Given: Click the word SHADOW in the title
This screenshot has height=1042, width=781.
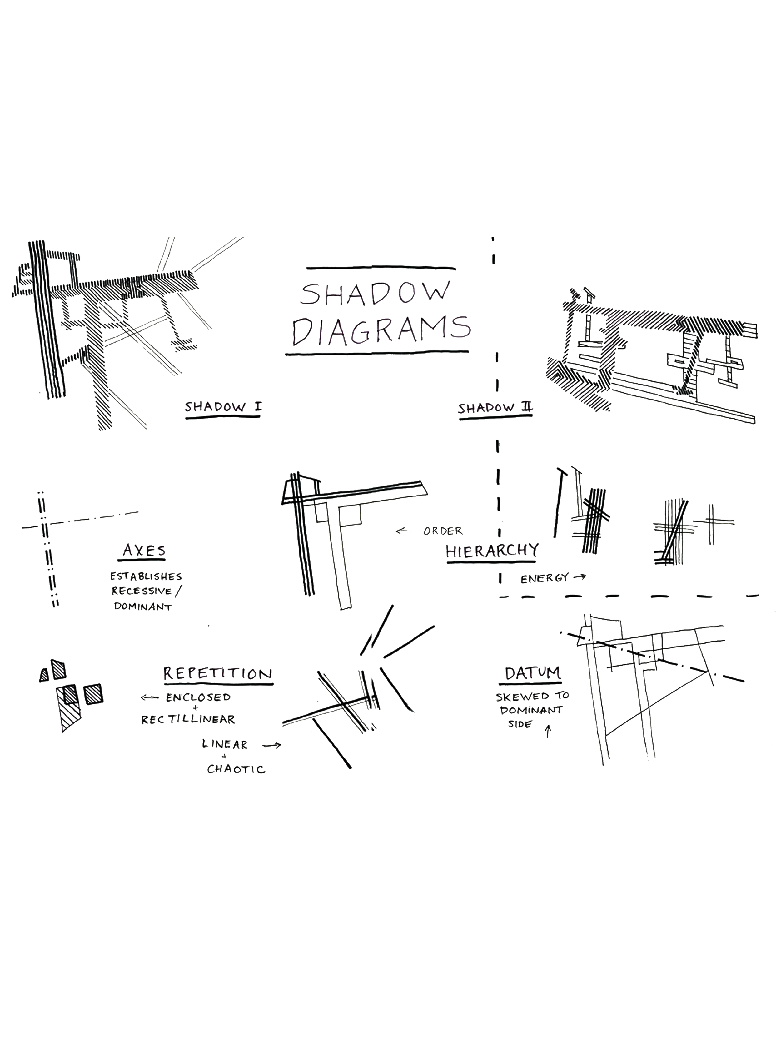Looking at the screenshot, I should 374,294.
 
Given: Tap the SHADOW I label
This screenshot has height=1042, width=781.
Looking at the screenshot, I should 223,407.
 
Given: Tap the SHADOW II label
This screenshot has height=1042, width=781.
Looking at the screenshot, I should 495,408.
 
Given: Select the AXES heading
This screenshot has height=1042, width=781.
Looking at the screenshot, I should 144,550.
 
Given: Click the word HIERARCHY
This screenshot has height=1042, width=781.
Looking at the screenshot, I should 491,551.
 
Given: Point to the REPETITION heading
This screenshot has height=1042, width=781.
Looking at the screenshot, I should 217,673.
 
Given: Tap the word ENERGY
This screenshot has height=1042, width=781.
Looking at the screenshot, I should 544,578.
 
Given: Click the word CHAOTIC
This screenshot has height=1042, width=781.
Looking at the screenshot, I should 236,769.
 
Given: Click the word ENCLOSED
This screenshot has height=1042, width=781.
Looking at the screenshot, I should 198,697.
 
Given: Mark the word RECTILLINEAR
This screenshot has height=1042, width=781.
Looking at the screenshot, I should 188,719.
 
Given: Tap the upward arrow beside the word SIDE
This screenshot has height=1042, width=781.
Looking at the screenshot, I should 547,732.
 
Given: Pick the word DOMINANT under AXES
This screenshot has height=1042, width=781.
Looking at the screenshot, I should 143,607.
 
